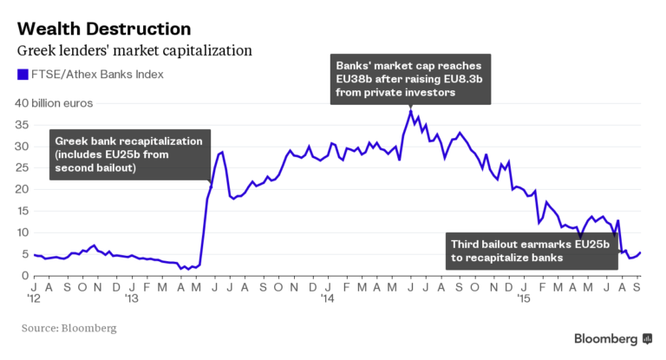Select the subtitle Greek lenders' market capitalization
(134, 50)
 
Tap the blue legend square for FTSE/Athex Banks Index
(23, 75)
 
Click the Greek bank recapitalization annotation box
(129, 154)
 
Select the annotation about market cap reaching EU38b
(410, 79)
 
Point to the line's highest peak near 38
(410, 111)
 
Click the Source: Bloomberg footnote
(69, 329)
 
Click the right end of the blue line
(642, 253)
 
